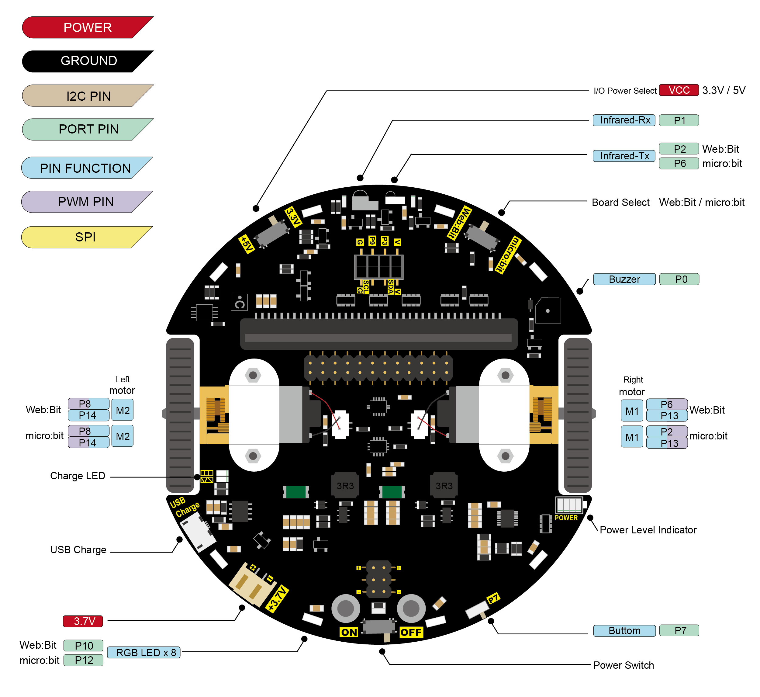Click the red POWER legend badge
pyautogui.click(x=88, y=28)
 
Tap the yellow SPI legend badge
pyautogui.click(x=86, y=237)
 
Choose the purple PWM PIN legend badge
pyautogui.click(x=86, y=202)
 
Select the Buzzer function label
pyautogui.click(x=624, y=279)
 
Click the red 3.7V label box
pyautogui.click(x=83, y=621)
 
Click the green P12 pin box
pyautogui.click(x=84, y=661)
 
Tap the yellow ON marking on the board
pyautogui.click(x=349, y=632)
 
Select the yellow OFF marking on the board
pyautogui.click(x=411, y=632)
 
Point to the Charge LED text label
pyautogui.click(x=78, y=476)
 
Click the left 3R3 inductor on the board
pyautogui.click(x=345, y=485)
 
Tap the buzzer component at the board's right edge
pyautogui.click(x=548, y=311)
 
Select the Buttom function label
pyautogui.click(x=624, y=631)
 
